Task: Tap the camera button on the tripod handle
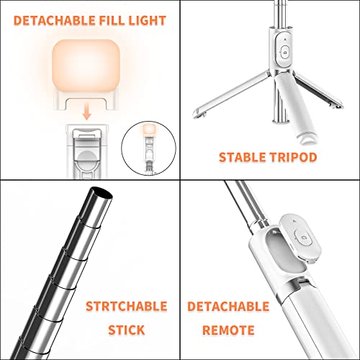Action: (x=285, y=53)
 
